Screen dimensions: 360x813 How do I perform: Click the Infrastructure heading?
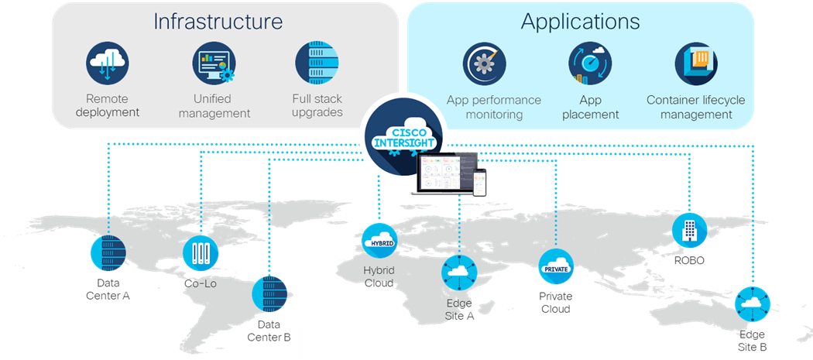218,21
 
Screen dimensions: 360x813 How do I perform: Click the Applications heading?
580,21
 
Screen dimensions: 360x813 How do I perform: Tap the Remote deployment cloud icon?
107,64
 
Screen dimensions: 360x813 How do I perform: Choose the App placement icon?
590,65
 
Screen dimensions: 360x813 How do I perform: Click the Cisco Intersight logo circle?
403,132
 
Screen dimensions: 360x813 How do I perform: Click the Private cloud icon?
556,267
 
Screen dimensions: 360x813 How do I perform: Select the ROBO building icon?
688,230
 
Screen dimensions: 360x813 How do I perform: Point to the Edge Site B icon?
752,304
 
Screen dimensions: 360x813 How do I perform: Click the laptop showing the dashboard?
444,174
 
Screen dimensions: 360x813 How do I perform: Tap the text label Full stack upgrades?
317,105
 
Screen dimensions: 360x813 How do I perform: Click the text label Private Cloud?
556,303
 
